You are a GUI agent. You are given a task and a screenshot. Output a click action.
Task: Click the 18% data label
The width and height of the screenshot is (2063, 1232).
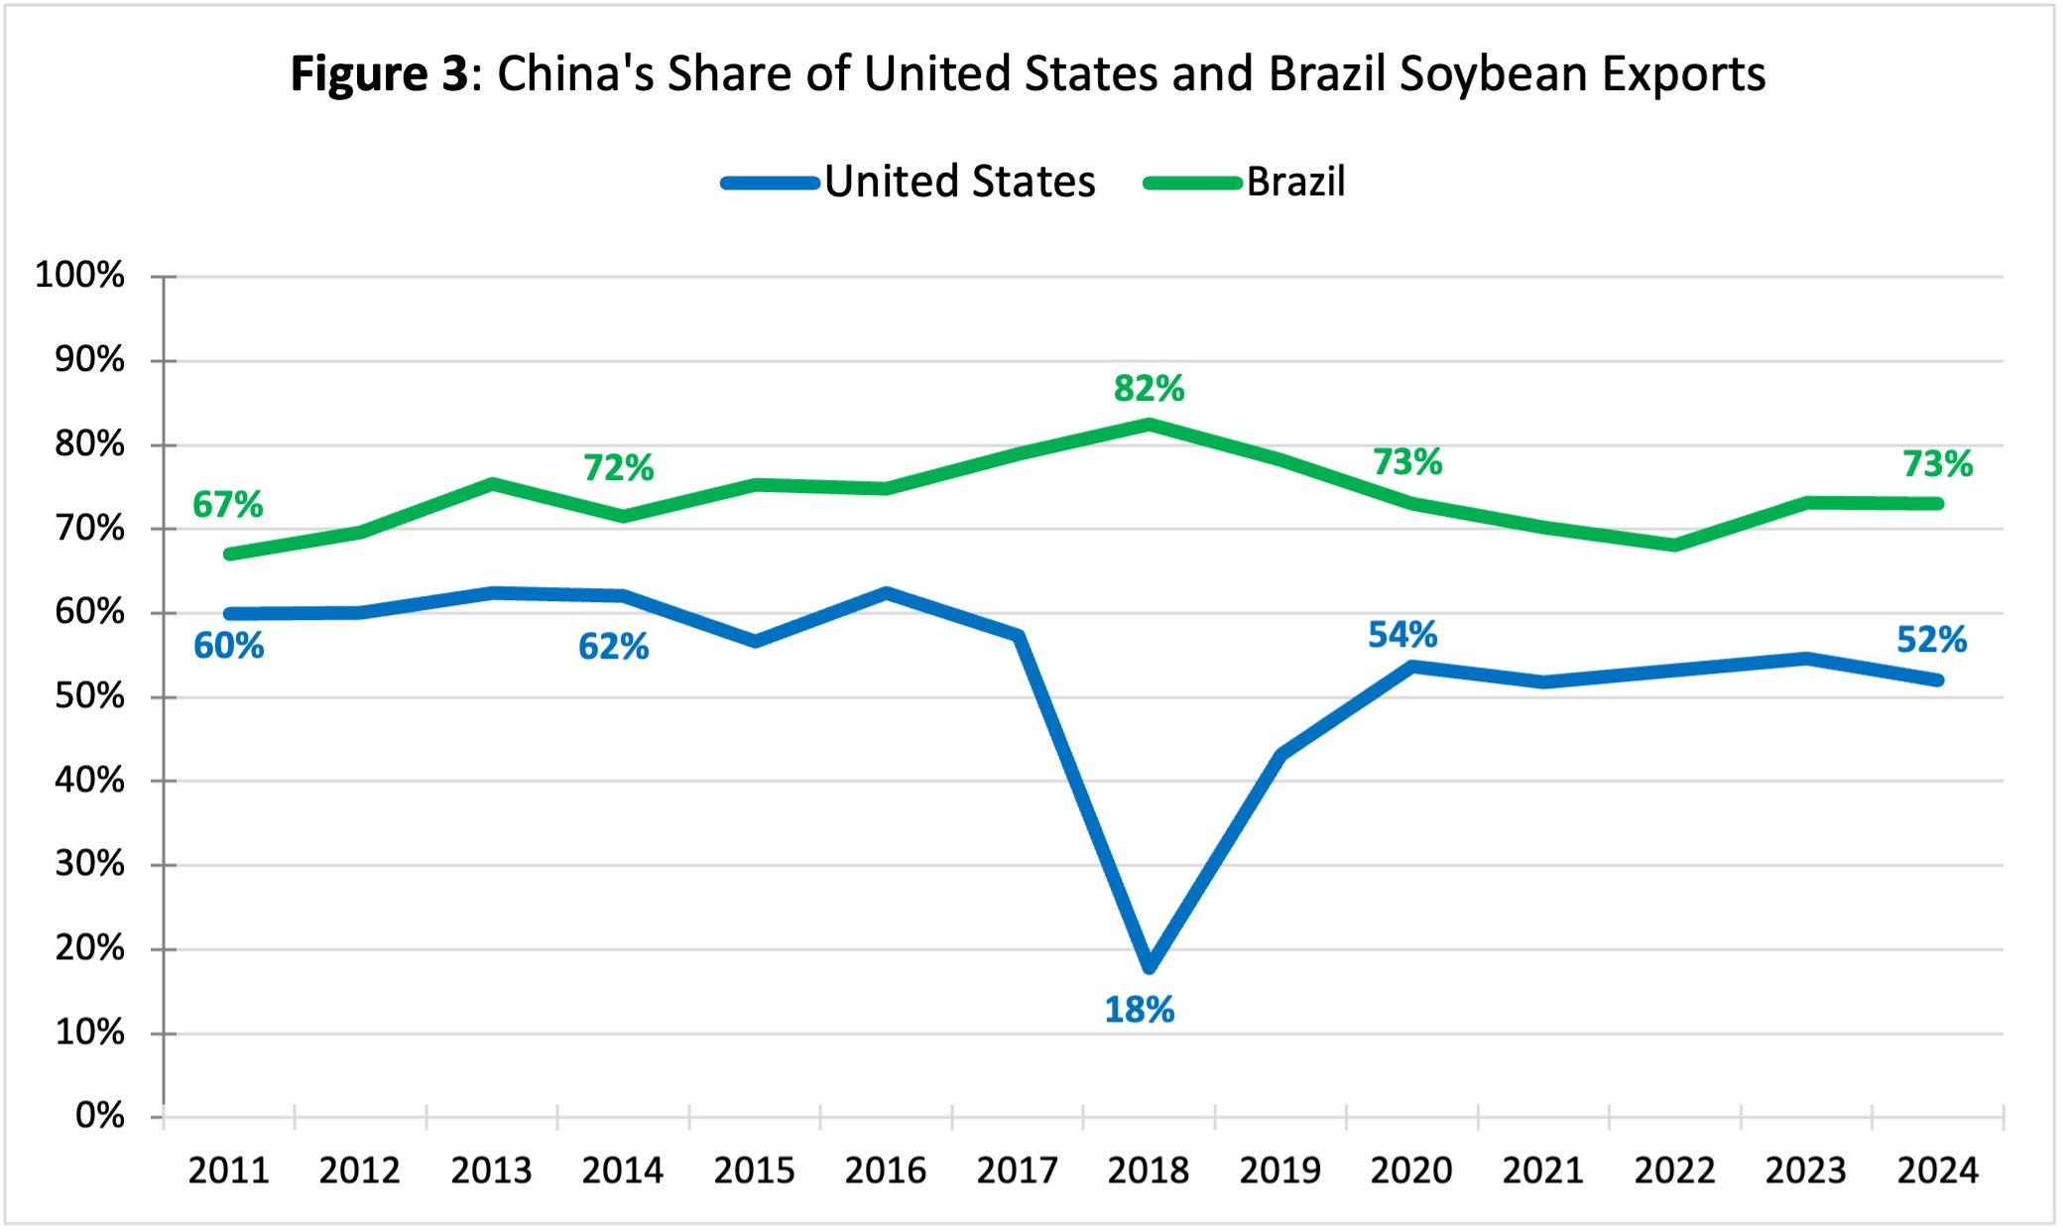[1139, 1010]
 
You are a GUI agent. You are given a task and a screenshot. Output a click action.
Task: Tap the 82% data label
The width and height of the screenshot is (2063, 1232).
[1149, 388]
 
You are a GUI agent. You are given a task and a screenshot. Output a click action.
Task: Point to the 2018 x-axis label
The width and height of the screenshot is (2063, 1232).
[1149, 1170]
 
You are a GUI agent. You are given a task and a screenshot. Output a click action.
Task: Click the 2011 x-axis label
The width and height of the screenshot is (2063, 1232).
[228, 1170]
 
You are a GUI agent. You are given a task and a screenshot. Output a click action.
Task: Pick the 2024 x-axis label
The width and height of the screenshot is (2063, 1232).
[1937, 1170]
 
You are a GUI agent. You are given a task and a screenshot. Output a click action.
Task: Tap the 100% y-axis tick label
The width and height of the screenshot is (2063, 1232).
[79, 275]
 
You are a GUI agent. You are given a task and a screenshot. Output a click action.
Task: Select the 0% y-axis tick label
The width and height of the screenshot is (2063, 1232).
[99, 1116]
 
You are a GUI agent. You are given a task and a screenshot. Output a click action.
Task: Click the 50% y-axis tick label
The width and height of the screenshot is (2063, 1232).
[89, 696]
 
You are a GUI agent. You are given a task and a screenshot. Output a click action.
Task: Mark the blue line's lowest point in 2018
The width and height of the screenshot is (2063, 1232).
[1150, 966]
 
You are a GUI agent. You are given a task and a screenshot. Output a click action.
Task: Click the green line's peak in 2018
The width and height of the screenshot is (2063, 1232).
[1150, 425]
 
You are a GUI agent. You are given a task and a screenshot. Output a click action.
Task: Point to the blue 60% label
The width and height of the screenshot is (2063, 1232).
[228, 646]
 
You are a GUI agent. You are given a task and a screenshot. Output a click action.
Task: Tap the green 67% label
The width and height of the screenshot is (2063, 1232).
[227, 504]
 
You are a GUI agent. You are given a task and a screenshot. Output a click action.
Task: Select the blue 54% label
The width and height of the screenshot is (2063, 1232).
[1402, 635]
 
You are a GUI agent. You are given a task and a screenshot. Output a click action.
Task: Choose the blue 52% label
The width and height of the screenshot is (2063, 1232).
[1931, 640]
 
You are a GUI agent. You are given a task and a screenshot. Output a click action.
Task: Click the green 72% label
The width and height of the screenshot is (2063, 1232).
[618, 467]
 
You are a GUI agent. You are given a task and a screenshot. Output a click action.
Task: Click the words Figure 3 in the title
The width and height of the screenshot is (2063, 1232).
[378, 73]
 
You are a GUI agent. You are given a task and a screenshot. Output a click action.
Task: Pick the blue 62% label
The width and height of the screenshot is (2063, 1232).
[613, 647]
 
